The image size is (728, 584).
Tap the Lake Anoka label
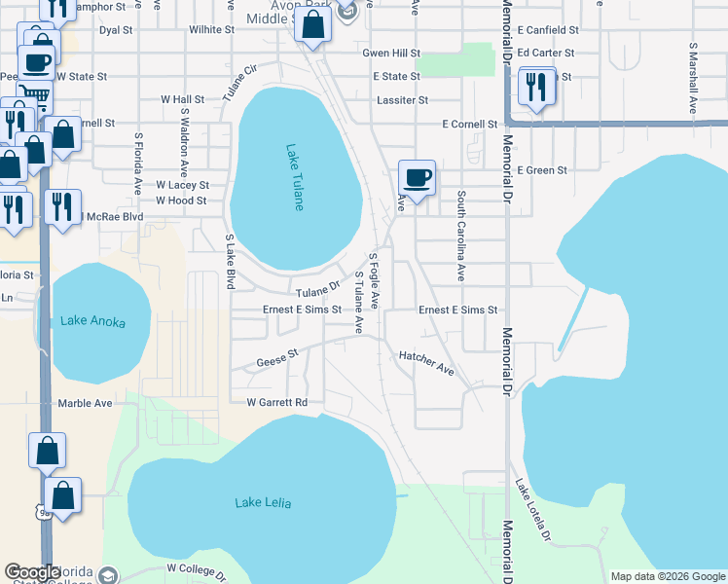click(x=93, y=320)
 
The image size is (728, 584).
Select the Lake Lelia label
click(x=263, y=503)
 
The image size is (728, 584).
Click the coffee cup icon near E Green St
click(x=417, y=178)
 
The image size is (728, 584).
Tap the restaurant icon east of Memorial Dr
click(x=536, y=87)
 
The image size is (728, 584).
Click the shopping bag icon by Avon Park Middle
click(x=313, y=25)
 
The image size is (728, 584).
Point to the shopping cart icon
click(x=34, y=95)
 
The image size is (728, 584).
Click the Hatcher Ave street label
click(x=426, y=363)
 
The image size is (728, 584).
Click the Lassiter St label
click(x=402, y=99)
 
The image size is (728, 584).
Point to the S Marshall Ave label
click(x=693, y=78)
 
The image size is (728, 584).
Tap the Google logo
click(x=33, y=573)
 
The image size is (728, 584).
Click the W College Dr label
click(x=196, y=568)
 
